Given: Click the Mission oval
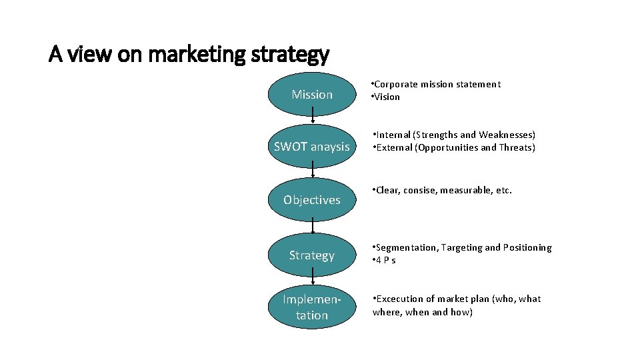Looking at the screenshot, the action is (x=312, y=95).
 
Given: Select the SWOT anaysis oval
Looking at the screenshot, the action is (x=312, y=147).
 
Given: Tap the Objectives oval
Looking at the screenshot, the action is (x=312, y=199).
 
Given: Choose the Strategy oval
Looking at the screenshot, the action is (x=312, y=255).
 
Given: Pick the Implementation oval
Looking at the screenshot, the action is (x=312, y=307).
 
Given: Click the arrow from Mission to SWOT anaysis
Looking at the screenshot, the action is (x=312, y=120).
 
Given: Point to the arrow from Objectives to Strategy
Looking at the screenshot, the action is (x=312, y=227).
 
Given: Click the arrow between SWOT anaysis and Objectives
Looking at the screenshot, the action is (x=312, y=173).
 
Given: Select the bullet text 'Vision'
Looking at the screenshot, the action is (x=387, y=97).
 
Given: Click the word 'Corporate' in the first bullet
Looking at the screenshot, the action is (x=397, y=84).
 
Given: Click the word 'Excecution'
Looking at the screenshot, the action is (x=401, y=299).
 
